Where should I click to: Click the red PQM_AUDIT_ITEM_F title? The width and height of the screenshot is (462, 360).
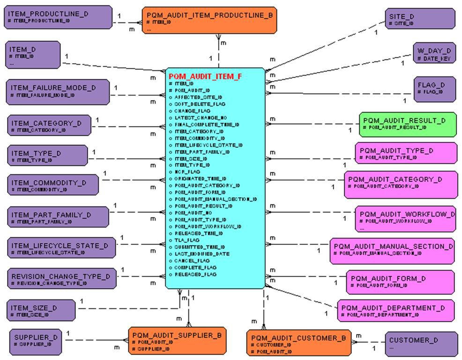tap(205, 76)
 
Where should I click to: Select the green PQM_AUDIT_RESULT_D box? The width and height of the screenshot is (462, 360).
tap(407, 124)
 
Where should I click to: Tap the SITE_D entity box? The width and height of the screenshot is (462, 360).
tap(420, 19)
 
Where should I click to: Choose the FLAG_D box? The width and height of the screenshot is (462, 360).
tap(434, 89)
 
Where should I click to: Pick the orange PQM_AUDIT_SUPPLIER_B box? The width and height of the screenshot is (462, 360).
tap(177, 341)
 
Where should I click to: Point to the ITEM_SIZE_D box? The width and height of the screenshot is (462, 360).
tap(41, 311)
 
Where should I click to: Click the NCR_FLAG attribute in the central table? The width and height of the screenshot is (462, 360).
tap(187, 172)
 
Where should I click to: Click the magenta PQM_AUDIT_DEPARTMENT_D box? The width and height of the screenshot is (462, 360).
tap(395, 311)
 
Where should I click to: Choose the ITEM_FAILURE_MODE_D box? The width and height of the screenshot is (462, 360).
tap(58, 91)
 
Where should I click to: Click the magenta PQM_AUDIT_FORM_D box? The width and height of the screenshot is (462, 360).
tap(400, 281)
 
